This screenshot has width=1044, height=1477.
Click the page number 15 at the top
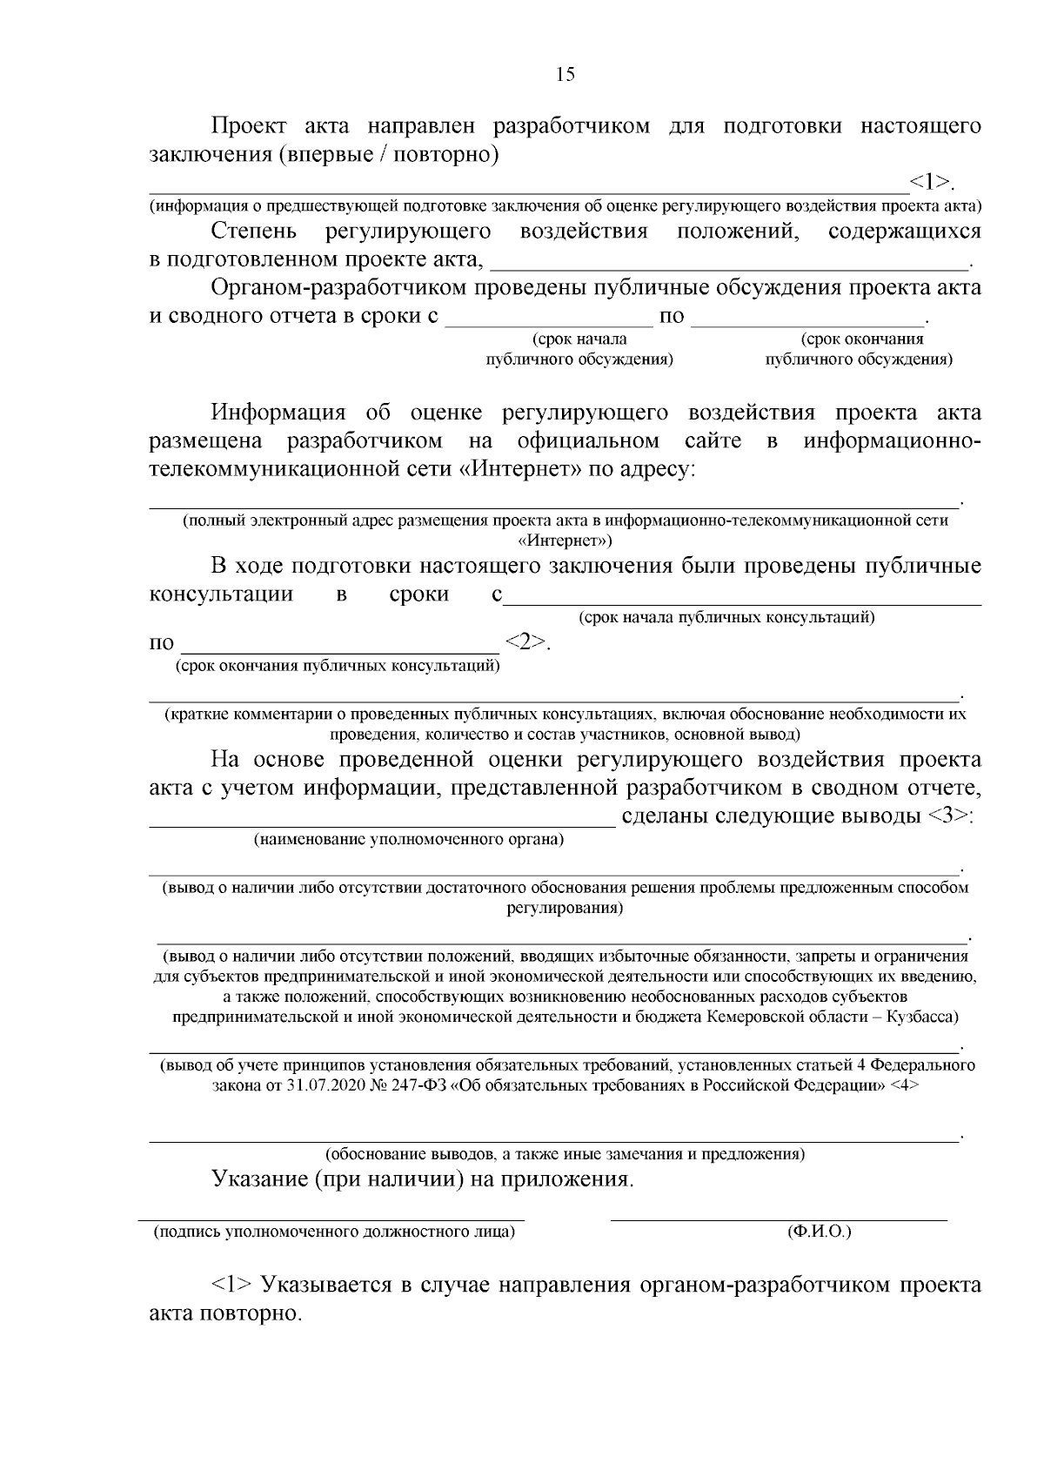tap(565, 74)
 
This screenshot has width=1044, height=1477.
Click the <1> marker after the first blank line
tap(929, 182)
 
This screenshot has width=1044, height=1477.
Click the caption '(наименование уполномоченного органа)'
tap(409, 840)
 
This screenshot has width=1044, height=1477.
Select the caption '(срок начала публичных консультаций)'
tap(726, 618)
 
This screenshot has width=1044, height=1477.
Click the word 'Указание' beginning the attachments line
tap(258, 1179)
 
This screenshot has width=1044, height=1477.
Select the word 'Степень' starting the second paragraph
tap(253, 232)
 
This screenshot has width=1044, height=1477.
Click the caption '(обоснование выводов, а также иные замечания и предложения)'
tap(565, 1154)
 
